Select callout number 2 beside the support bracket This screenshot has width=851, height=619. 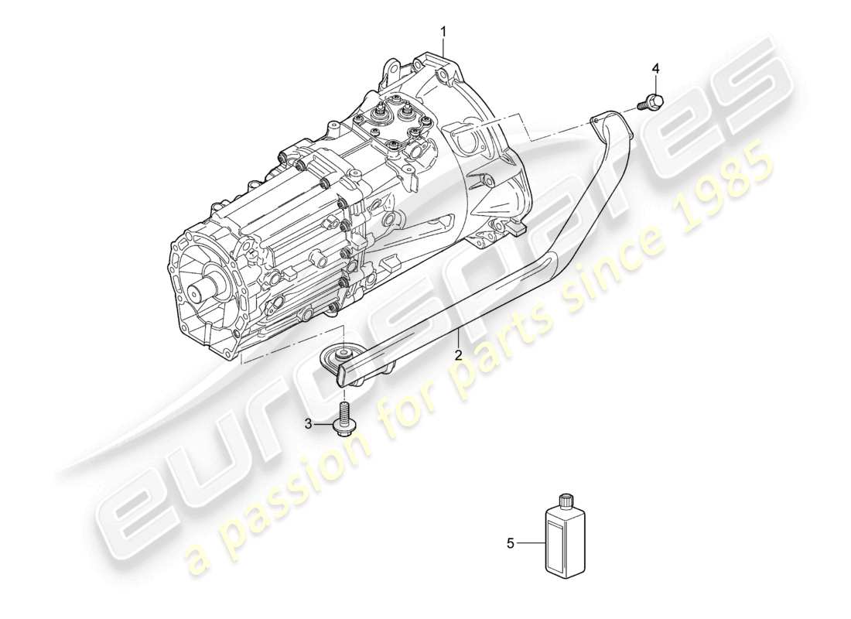point(458,356)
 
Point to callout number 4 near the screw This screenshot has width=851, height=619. point(656,70)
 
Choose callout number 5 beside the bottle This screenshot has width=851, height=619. point(511,544)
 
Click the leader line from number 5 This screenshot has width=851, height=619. point(531,543)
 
